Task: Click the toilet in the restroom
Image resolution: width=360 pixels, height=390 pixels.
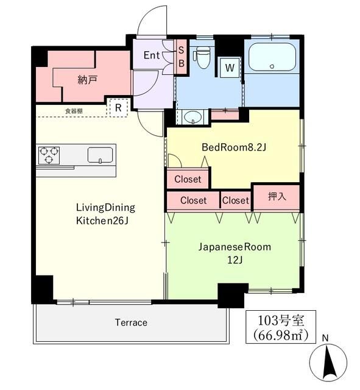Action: [x=203, y=59]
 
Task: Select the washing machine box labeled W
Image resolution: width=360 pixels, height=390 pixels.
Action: [x=230, y=68]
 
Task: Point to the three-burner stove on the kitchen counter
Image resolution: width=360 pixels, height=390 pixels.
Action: [x=48, y=155]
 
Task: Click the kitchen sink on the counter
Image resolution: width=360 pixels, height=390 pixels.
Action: [x=99, y=155]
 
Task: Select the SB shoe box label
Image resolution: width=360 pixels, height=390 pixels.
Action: [x=182, y=56]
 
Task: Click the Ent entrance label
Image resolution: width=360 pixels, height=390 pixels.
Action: [x=152, y=55]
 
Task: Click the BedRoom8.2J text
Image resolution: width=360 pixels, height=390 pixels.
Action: [x=234, y=147]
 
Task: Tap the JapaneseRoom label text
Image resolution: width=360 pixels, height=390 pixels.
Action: [x=234, y=247]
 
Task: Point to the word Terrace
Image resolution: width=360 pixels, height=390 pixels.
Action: [x=130, y=322]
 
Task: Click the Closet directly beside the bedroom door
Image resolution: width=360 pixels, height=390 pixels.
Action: [x=188, y=179]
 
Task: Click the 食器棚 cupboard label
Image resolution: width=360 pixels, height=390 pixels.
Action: [x=74, y=111]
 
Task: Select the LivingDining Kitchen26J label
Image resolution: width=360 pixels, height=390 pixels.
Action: [x=105, y=213]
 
